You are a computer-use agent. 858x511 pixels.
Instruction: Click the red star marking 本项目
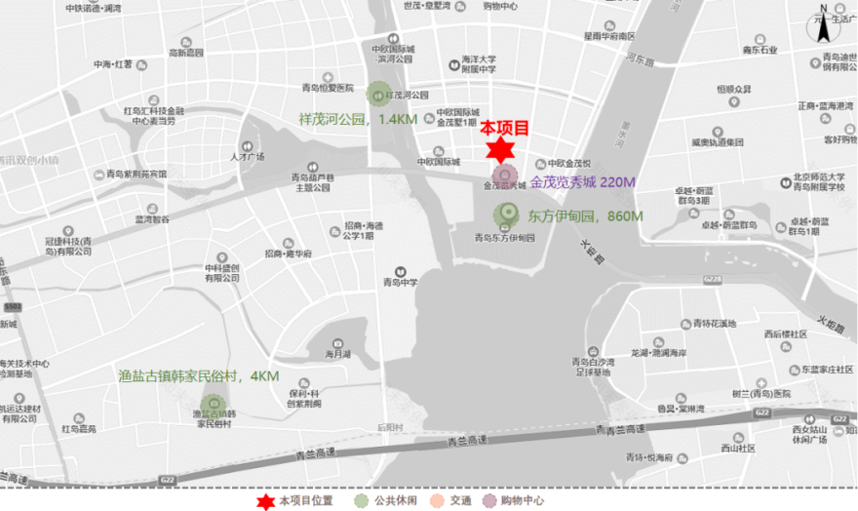[500, 150]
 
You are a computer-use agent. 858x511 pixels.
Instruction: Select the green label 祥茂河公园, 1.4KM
[358, 120]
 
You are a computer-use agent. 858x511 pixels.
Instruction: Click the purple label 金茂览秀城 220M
[583, 182]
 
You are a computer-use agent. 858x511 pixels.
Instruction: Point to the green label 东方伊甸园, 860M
[585, 216]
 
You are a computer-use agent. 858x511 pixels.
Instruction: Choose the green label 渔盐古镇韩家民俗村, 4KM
[198, 375]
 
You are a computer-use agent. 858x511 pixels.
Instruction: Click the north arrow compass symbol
[824, 24]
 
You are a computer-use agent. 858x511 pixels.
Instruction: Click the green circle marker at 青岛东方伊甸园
[505, 216]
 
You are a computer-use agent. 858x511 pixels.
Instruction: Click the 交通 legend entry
[449, 500]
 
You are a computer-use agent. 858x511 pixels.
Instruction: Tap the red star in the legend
[264, 500]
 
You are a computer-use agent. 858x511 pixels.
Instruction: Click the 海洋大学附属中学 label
[478, 63]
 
